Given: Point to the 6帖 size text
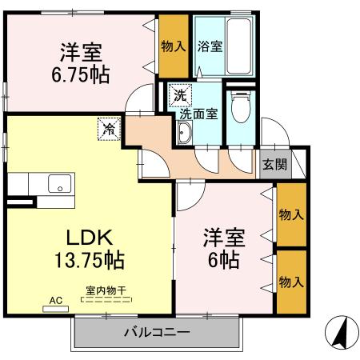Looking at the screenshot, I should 224,259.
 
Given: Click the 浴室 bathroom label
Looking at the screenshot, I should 210,46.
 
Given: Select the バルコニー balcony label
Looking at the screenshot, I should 156,332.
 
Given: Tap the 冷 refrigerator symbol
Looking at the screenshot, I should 107,126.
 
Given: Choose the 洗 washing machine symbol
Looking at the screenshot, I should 181,94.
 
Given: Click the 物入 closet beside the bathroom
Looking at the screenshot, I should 174,46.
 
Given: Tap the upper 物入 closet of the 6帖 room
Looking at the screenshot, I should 290,214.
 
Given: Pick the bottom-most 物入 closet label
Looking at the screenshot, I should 290,282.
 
